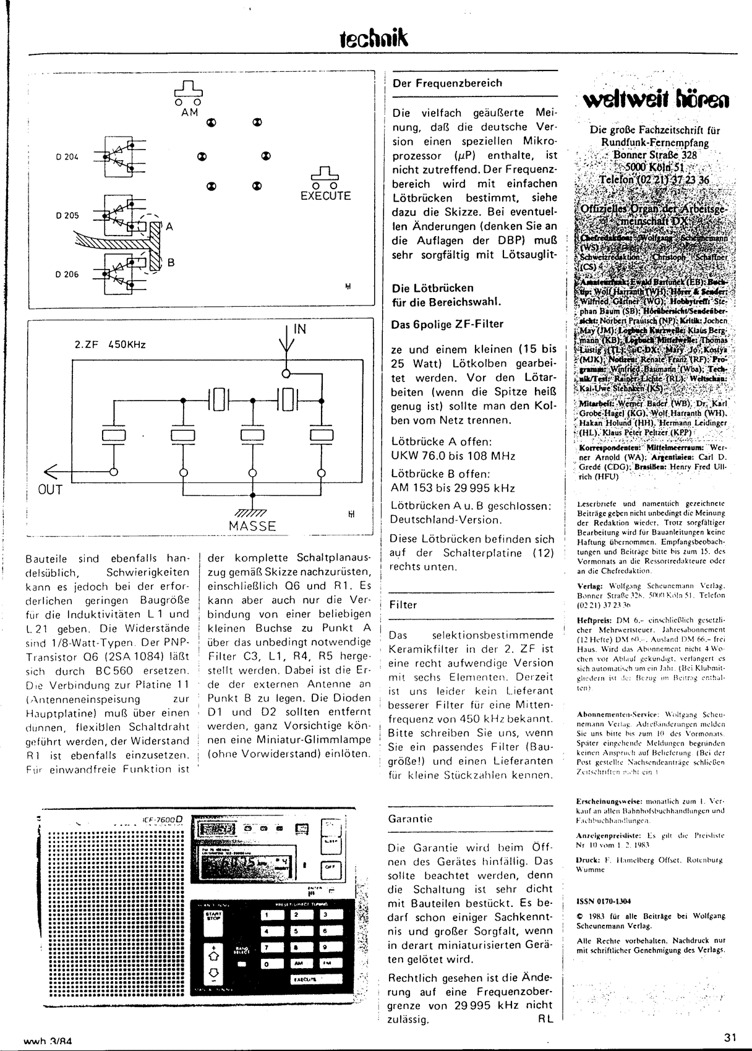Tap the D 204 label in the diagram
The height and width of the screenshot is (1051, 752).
(67, 156)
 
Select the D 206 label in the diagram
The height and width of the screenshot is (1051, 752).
(67, 274)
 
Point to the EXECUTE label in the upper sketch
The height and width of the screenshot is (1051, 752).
(325, 196)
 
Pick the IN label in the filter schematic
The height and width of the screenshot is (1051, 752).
(299, 330)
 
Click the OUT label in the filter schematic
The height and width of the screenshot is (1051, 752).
(51, 490)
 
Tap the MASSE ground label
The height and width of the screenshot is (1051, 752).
(252, 526)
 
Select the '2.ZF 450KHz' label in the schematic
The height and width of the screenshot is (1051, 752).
(109, 344)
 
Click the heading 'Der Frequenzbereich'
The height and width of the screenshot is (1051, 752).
(447, 83)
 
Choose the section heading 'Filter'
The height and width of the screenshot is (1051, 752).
(403, 605)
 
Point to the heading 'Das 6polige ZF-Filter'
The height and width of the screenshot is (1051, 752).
(448, 324)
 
